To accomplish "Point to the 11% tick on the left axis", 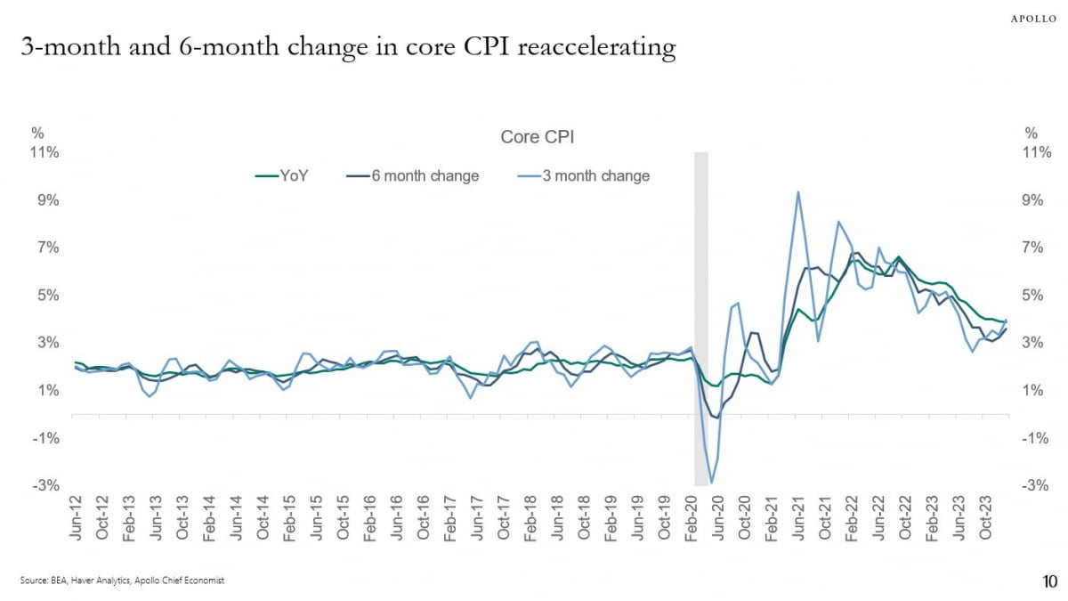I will [45, 152].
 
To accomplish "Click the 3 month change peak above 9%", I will [797, 191].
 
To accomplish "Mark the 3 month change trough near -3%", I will [711, 483].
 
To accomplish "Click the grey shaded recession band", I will [701, 267].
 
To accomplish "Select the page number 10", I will [1048, 582].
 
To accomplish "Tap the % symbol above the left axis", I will [38, 134].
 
